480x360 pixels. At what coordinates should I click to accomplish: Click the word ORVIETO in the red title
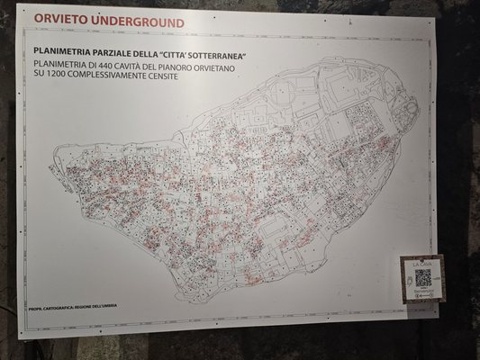[59, 22]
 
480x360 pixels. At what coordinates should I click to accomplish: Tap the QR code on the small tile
[422, 279]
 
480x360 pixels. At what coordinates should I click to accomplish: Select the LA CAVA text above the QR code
[422, 263]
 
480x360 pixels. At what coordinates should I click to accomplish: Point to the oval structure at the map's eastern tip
[410, 112]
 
